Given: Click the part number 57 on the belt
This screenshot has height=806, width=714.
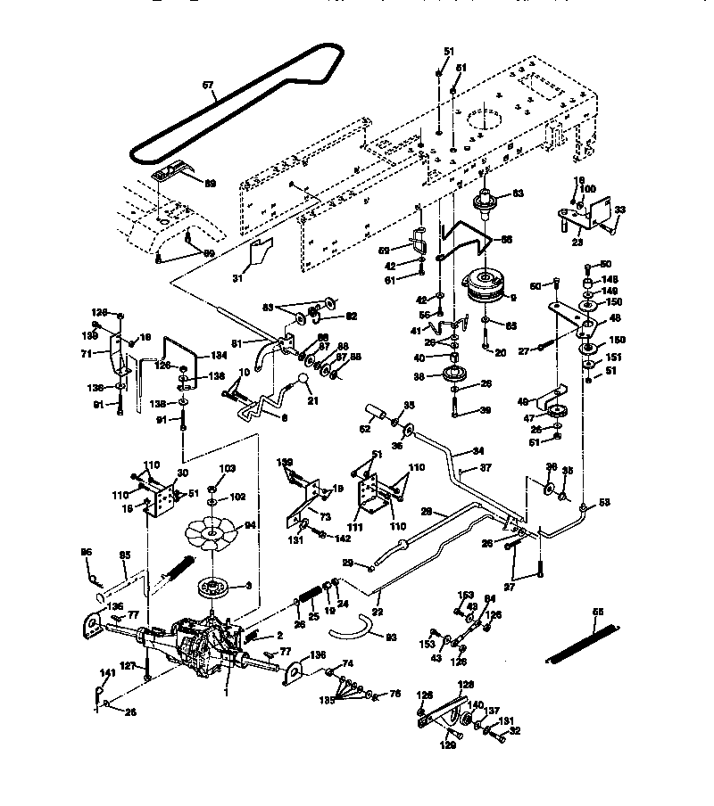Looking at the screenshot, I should pos(208,86).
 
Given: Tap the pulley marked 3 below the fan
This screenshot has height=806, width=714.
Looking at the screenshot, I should pos(213,589).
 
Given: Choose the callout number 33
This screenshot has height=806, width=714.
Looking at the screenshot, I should pos(620,210).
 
